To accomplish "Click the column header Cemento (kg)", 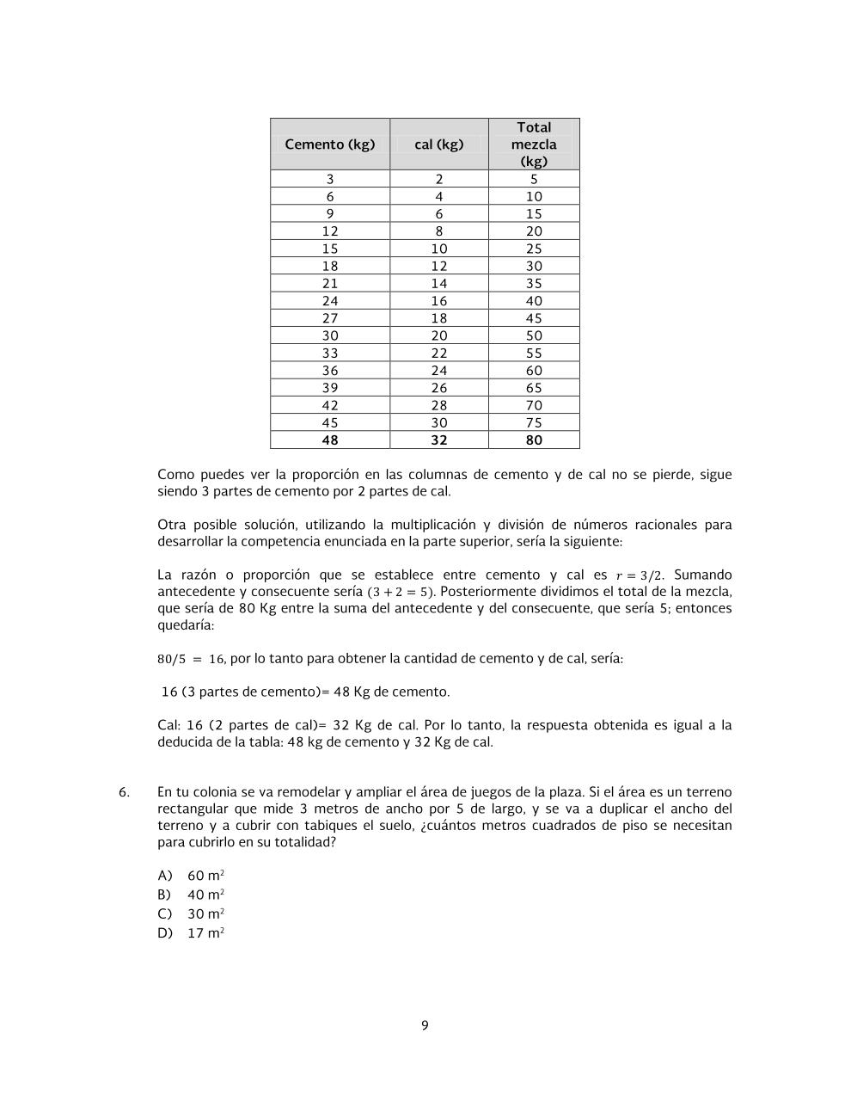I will tap(330, 145).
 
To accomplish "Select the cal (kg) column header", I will tap(438, 145).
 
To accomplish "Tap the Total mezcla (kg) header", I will tap(534, 145).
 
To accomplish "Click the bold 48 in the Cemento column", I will tap(330, 440).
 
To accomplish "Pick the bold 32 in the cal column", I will tap(438, 440).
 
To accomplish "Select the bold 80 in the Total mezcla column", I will tap(534, 440).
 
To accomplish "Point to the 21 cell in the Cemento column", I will tap(330, 284).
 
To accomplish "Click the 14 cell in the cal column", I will tap(438, 284).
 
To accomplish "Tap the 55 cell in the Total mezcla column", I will tap(534, 354).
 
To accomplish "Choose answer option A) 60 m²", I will tap(191, 876).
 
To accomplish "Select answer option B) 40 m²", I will tap(191, 895).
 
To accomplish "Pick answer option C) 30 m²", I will tap(191, 914).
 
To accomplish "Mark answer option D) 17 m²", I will tap(191, 933).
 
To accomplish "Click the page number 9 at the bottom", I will tap(425, 1025).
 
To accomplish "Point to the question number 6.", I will tap(124, 792).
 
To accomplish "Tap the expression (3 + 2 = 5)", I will tap(401, 593).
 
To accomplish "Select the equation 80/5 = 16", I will tap(191, 660).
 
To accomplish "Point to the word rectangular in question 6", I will tap(192, 809).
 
